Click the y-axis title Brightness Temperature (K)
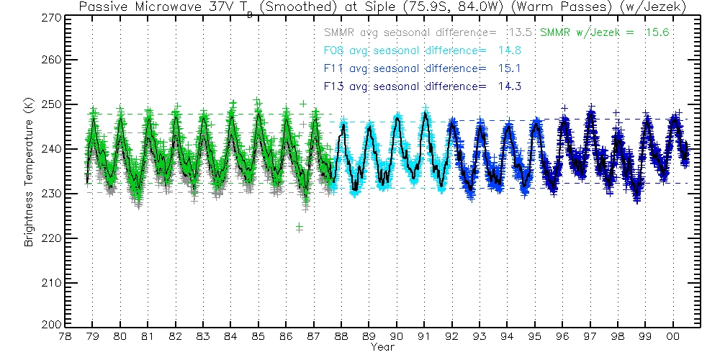pos(30,179)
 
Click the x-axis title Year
pos(382,347)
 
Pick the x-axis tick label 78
pos(65,336)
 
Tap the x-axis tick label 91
pos(424,336)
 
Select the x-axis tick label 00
pos(673,336)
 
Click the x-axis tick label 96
pos(562,336)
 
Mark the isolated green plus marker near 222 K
pos(299,228)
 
